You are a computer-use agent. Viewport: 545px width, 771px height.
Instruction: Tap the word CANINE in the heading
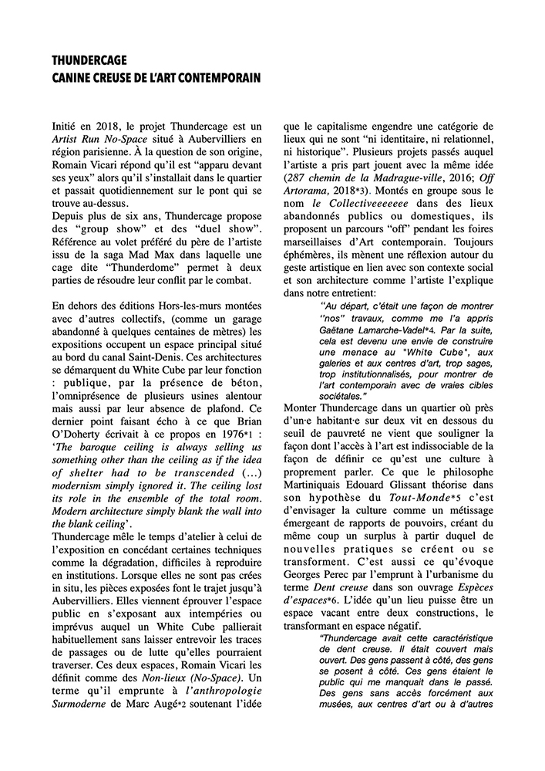pyautogui.click(x=74, y=78)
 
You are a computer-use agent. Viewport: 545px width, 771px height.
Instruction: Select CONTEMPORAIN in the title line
pyautogui.click(x=219, y=78)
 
